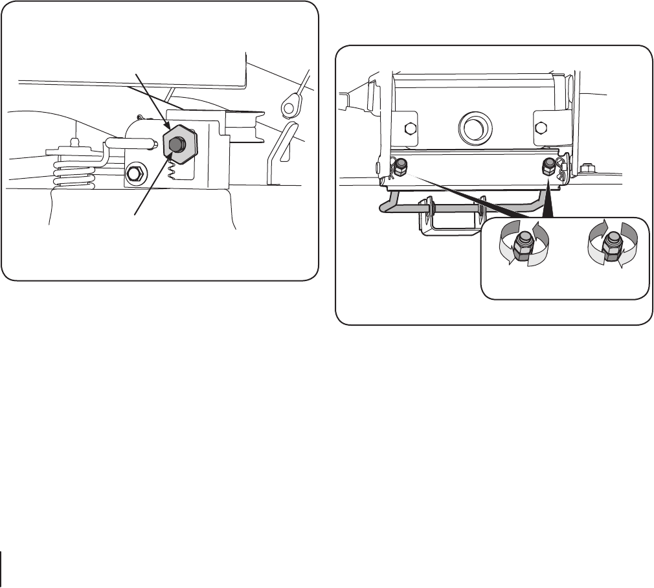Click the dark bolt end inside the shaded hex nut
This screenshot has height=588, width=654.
coord(177,143)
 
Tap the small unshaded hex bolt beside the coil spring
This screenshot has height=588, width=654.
coord(135,173)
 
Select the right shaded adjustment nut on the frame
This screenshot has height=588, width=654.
coord(549,166)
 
